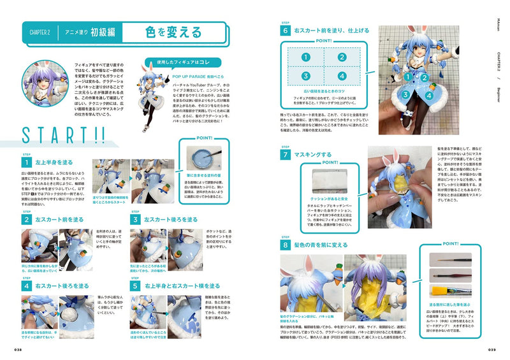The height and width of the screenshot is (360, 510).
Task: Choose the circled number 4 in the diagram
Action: point(342,76)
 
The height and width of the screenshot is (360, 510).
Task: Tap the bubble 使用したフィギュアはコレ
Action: point(185,63)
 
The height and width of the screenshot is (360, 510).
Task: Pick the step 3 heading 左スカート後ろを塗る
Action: point(167,220)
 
